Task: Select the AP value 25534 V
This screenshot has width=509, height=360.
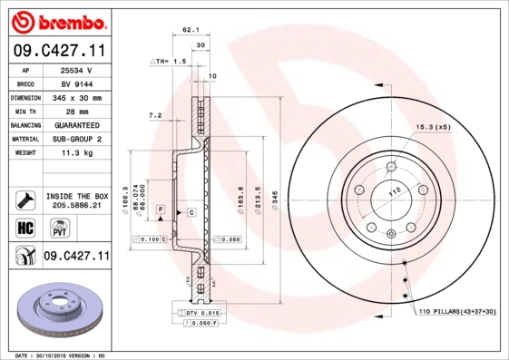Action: coord(75,69)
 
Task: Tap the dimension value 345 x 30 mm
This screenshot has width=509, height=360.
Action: coord(75,97)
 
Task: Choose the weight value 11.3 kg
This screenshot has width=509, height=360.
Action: coord(75,153)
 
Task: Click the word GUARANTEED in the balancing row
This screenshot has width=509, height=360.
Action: coord(75,125)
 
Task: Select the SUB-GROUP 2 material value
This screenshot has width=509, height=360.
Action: coord(75,139)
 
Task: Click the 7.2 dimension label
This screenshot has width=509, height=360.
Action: coord(154,115)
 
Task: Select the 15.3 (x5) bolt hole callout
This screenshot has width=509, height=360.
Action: coord(433,127)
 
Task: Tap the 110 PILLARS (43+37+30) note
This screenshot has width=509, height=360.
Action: coord(457,311)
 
